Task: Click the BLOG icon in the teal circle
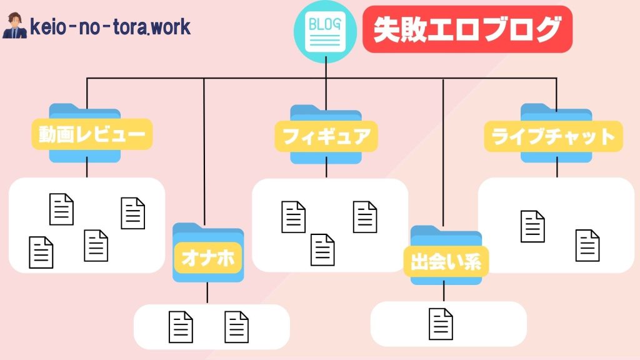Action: [325, 32]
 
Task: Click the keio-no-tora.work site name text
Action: [110, 27]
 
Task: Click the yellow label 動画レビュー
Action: [92, 134]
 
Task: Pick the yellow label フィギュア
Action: [326, 136]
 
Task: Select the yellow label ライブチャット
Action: [553, 136]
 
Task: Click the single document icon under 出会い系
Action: [441, 324]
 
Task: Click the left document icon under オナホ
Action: [181, 327]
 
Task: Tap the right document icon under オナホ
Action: [237, 327]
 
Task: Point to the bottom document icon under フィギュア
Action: [323, 250]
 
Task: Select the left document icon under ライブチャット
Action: [532, 226]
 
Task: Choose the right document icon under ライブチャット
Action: [587, 246]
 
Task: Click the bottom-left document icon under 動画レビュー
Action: [41, 252]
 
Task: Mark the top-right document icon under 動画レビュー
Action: [132, 213]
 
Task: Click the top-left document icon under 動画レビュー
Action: [62, 209]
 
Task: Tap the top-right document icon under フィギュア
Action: [365, 216]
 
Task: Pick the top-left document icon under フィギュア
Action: [294, 216]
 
